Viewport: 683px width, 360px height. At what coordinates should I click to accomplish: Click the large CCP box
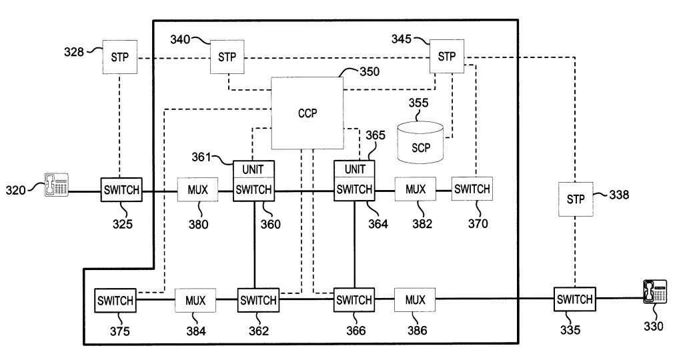307,113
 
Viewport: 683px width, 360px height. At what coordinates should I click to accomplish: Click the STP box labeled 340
227,57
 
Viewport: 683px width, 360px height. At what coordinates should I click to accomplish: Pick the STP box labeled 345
446,57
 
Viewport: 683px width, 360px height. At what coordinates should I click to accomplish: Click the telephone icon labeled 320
57,185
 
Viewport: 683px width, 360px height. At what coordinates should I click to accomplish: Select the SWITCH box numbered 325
121,190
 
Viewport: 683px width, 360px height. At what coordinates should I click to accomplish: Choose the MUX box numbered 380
197,190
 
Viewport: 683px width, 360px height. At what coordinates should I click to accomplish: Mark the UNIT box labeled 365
354,169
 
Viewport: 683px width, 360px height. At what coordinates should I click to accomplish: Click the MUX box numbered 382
414,189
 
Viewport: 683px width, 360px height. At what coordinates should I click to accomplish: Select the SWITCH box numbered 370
472,189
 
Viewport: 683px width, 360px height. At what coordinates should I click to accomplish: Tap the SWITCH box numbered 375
116,300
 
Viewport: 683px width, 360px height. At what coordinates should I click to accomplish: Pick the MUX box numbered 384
195,300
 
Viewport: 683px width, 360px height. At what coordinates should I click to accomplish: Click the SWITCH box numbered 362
258,300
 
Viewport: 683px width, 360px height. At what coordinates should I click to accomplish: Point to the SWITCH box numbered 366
354,300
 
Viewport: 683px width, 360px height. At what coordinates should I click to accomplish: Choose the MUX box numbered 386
414,299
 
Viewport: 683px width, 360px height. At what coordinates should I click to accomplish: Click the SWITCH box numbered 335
574,300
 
